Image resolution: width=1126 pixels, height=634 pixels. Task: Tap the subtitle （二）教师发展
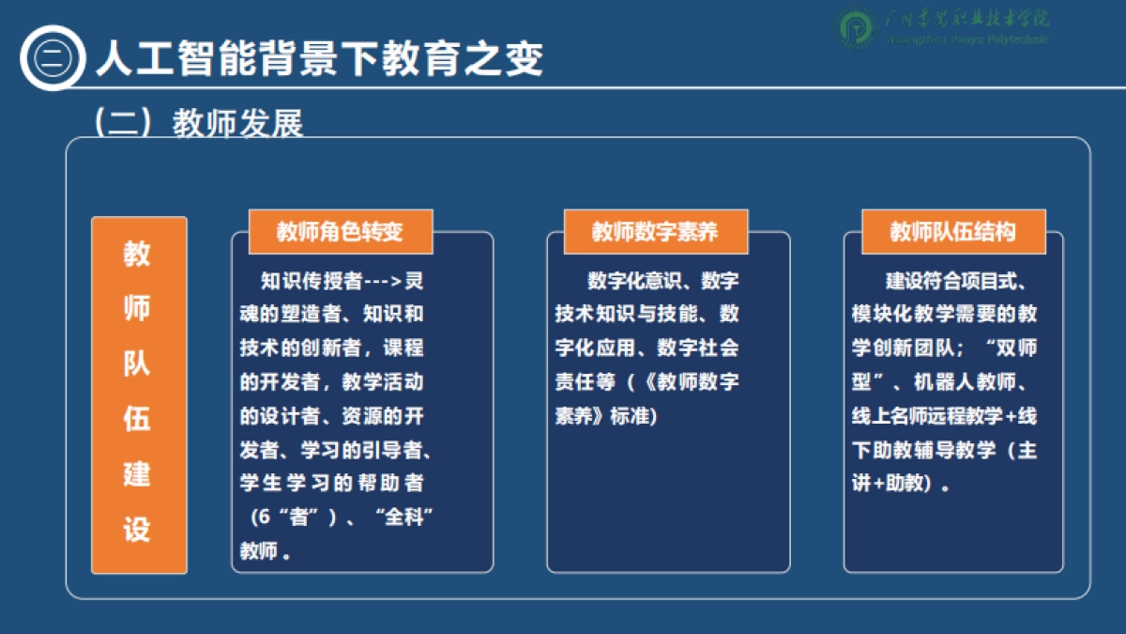(x=197, y=123)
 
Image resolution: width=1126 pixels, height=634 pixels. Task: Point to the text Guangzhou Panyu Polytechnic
(x=966, y=40)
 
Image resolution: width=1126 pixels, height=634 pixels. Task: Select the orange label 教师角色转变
(x=340, y=232)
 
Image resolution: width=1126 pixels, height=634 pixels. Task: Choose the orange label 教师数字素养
(x=655, y=232)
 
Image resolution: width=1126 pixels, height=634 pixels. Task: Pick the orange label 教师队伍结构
(x=952, y=232)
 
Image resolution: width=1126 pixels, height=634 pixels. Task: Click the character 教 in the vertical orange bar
(x=138, y=254)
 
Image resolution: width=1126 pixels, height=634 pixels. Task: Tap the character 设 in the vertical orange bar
(x=138, y=530)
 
